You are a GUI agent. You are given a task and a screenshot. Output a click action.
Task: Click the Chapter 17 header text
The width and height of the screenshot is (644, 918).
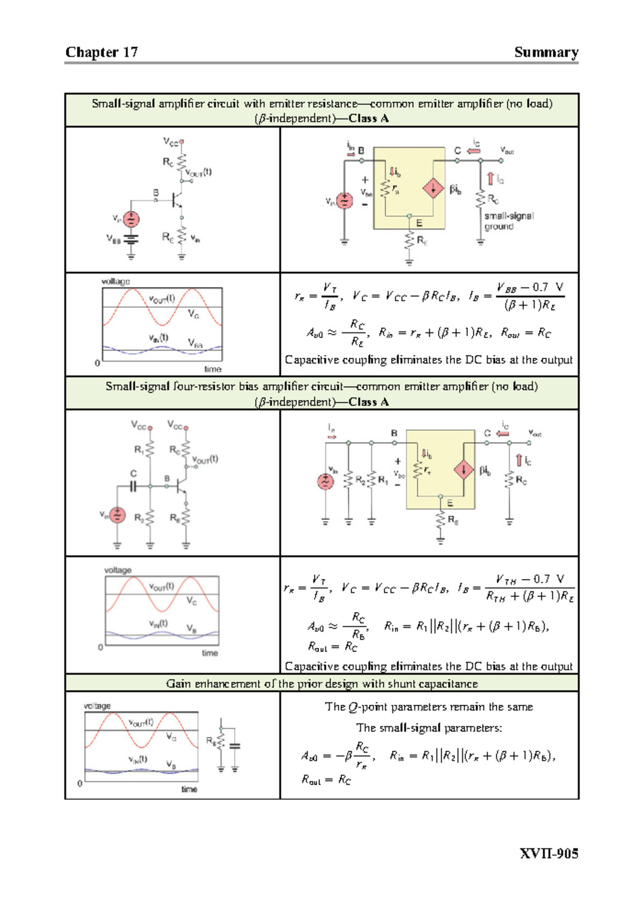101,52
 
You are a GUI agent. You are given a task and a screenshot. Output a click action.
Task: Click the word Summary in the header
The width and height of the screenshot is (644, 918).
546,52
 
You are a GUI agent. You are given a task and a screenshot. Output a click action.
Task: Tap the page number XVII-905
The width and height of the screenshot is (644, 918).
548,854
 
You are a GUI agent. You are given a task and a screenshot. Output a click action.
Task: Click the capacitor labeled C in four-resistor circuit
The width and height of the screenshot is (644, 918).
133,486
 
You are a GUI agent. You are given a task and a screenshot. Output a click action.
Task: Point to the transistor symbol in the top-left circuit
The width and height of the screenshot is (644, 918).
176,200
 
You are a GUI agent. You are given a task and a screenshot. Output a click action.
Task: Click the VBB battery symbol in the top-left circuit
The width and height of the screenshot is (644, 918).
131,239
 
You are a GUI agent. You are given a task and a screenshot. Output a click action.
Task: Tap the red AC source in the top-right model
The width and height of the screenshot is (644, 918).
344,201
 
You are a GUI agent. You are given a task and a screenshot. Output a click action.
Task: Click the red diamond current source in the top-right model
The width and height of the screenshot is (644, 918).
433,188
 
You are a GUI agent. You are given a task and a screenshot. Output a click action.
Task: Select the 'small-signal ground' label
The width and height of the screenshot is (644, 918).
508,221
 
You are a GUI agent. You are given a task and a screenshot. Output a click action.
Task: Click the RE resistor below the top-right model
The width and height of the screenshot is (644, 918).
409,240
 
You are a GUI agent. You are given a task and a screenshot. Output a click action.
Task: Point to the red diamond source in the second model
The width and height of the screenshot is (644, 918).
463,470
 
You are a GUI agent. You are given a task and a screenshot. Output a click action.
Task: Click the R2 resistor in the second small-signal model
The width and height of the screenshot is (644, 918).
349,480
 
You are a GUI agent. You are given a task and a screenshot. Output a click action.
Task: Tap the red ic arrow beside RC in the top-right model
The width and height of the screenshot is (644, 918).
490,179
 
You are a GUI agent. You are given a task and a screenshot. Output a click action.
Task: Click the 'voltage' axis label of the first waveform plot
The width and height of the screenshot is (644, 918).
116,282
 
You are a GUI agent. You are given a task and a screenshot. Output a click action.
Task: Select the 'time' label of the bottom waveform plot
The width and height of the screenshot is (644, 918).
189,789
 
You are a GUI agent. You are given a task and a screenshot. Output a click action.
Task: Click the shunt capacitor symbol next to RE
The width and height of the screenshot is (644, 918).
235,746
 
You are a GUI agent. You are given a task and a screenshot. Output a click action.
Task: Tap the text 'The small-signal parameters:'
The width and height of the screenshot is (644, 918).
429,728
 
